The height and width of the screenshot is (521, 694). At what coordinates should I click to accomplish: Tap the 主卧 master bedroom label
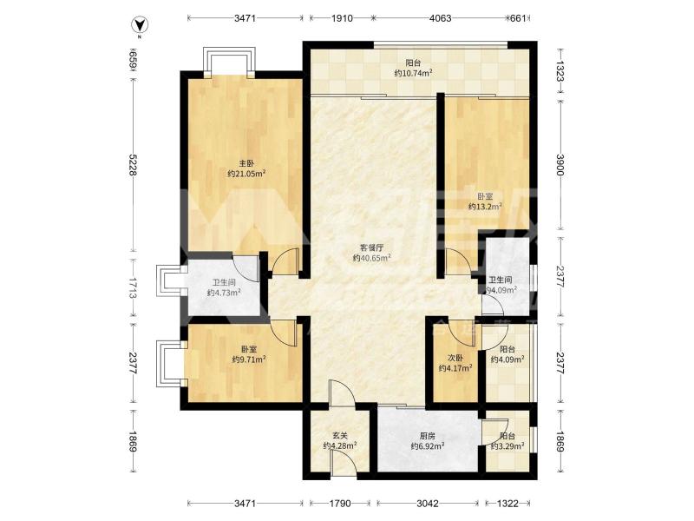246,164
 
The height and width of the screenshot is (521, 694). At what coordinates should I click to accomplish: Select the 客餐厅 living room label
371,248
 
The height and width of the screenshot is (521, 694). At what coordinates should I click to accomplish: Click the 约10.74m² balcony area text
413,73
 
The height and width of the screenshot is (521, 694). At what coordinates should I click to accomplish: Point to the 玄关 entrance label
339,436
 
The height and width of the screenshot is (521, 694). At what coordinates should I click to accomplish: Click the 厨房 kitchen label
428,436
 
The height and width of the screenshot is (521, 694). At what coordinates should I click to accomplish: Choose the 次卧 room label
455,358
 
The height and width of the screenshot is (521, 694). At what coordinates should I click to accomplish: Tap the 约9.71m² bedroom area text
249,359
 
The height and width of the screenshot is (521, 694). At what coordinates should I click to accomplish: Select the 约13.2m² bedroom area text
485,207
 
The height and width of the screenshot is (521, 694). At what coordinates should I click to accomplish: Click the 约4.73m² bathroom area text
224,293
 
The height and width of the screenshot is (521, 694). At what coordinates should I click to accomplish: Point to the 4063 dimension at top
441,18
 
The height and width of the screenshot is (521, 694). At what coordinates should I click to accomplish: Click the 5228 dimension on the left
133,165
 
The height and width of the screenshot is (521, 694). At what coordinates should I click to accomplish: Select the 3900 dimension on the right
560,165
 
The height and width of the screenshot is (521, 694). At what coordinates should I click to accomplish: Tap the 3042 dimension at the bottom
428,504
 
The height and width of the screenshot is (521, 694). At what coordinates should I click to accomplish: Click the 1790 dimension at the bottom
340,504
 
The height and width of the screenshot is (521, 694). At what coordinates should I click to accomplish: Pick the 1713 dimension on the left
133,289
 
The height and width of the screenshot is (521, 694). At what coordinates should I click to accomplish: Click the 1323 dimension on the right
560,71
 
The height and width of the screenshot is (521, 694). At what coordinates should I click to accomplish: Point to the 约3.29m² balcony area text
507,446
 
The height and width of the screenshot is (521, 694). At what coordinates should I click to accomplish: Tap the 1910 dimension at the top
342,18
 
